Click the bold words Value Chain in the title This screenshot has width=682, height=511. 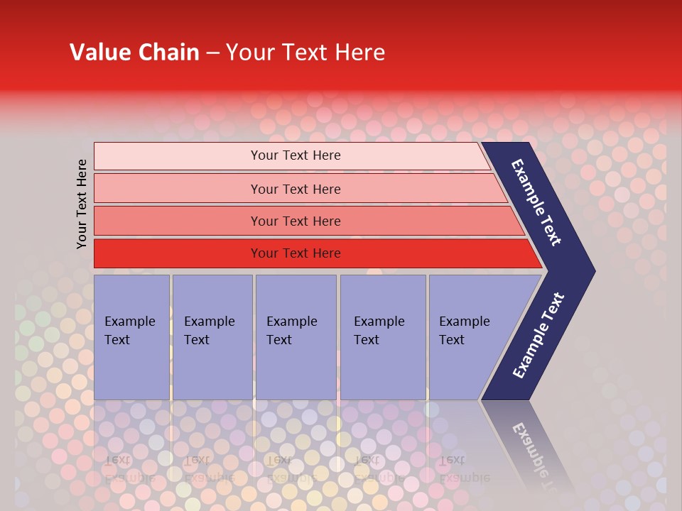tap(134, 52)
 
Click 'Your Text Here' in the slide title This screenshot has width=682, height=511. tap(305, 52)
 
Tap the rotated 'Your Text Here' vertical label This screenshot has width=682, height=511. tap(82, 204)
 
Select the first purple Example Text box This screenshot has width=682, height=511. tap(131, 337)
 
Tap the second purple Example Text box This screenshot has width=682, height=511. tap(212, 337)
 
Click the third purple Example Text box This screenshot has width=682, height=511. tap(295, 337)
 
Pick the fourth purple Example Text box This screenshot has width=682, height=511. tap(382, 337)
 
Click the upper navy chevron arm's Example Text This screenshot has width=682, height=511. tap(536, 202)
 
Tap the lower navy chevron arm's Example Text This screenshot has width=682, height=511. tap(538, 335)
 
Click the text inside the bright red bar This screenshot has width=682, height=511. tap(296, 253)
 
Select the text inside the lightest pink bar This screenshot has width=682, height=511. tap(296, 155)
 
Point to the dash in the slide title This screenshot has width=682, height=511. tap(212, 53)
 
